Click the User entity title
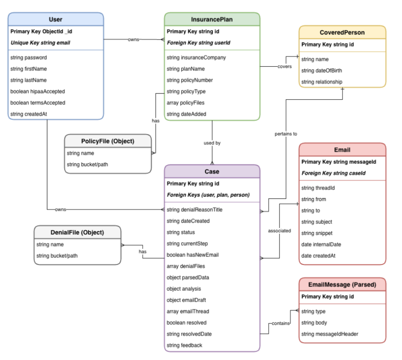point(55,19)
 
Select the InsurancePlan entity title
point(212,19)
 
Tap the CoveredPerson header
point(342,32)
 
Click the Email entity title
point(342,150)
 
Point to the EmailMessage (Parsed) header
point(342,284)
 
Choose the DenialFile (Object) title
point(77,232)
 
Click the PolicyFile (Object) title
point(107,141)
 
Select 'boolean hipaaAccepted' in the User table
point(38,92)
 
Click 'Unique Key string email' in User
point(40,43)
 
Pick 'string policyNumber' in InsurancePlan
point(189,80)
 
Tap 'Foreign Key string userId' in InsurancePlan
point(198,43)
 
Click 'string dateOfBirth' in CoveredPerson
point(322,70)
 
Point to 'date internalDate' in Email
point(321,244)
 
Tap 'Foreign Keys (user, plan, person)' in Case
point(208,195)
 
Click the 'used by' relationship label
point(212,143)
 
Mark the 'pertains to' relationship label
point(286,134)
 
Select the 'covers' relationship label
point(284,66)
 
